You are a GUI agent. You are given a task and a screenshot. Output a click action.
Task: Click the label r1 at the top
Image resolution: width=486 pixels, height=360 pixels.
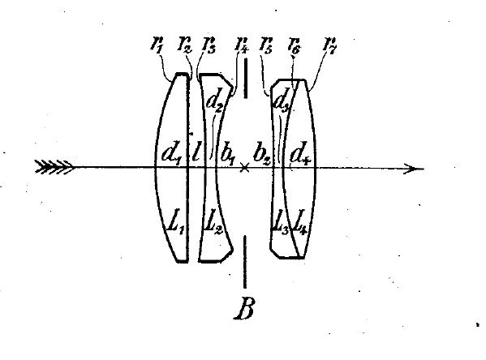[157, 45]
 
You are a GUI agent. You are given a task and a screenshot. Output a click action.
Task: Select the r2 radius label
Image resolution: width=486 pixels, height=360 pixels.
[185, 45]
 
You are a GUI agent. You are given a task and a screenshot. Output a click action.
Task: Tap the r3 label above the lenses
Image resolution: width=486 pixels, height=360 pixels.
[209, 45]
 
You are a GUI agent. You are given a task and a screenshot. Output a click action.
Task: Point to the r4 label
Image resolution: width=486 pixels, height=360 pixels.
[242, 45]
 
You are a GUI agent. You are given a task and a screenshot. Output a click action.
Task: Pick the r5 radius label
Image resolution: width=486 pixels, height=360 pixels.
[266, 45]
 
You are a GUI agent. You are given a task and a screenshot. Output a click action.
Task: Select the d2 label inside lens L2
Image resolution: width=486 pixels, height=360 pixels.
[215, 101]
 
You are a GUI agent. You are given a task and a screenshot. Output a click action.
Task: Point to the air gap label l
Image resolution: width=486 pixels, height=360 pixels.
[196, 152]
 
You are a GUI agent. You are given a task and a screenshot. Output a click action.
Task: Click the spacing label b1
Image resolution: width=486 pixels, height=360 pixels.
[228, 153]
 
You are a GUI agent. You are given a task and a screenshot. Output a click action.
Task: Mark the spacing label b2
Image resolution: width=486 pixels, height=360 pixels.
[262, 153]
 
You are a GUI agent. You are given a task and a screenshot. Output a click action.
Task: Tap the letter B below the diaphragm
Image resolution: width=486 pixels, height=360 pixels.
[245, 308]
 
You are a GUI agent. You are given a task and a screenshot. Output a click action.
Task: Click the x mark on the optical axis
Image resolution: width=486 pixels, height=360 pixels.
[245, 168]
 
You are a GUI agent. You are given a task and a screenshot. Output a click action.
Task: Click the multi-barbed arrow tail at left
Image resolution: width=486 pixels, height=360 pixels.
[54, 167]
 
